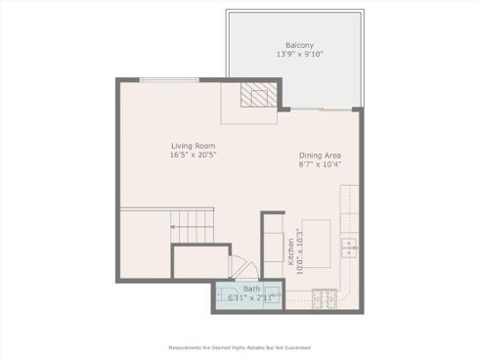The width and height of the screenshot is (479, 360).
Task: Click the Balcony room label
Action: (x=299, y=45)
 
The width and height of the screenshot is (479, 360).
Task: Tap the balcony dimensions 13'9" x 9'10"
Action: (x=299, y=55)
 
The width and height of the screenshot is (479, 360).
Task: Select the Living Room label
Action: (x=192, y=145)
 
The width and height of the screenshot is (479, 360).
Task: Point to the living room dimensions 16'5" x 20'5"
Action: (x=192, y=155)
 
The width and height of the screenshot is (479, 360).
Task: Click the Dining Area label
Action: (x=320, y=155)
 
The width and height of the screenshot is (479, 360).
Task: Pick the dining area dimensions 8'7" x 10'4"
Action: (x=320, y=164)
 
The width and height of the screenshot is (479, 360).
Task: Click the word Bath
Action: (x=252, y=290)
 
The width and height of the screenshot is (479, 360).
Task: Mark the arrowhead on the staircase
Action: (x=173, y=227)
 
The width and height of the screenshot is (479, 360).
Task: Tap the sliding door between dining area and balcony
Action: (x=323, y=108)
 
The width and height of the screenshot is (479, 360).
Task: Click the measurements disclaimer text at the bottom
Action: (x=239, y=346)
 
